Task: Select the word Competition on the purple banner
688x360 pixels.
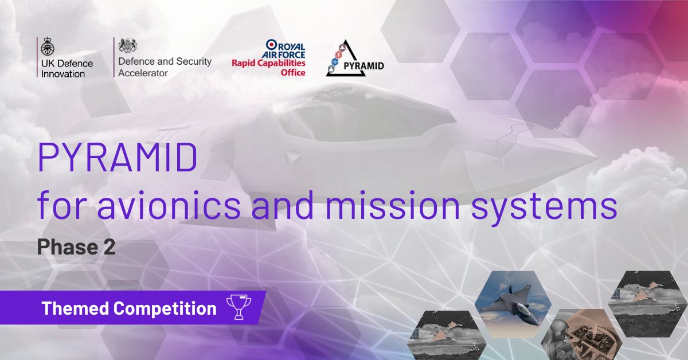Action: pyautogui.click(x=165, y=308)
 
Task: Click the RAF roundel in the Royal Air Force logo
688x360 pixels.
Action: pyautogui.click(x=272, y=45)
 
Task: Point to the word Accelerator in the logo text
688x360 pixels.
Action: pyautogui.click(x=143, y=73)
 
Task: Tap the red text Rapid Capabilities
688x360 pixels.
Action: pyautogui.click(x=268, y=63)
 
